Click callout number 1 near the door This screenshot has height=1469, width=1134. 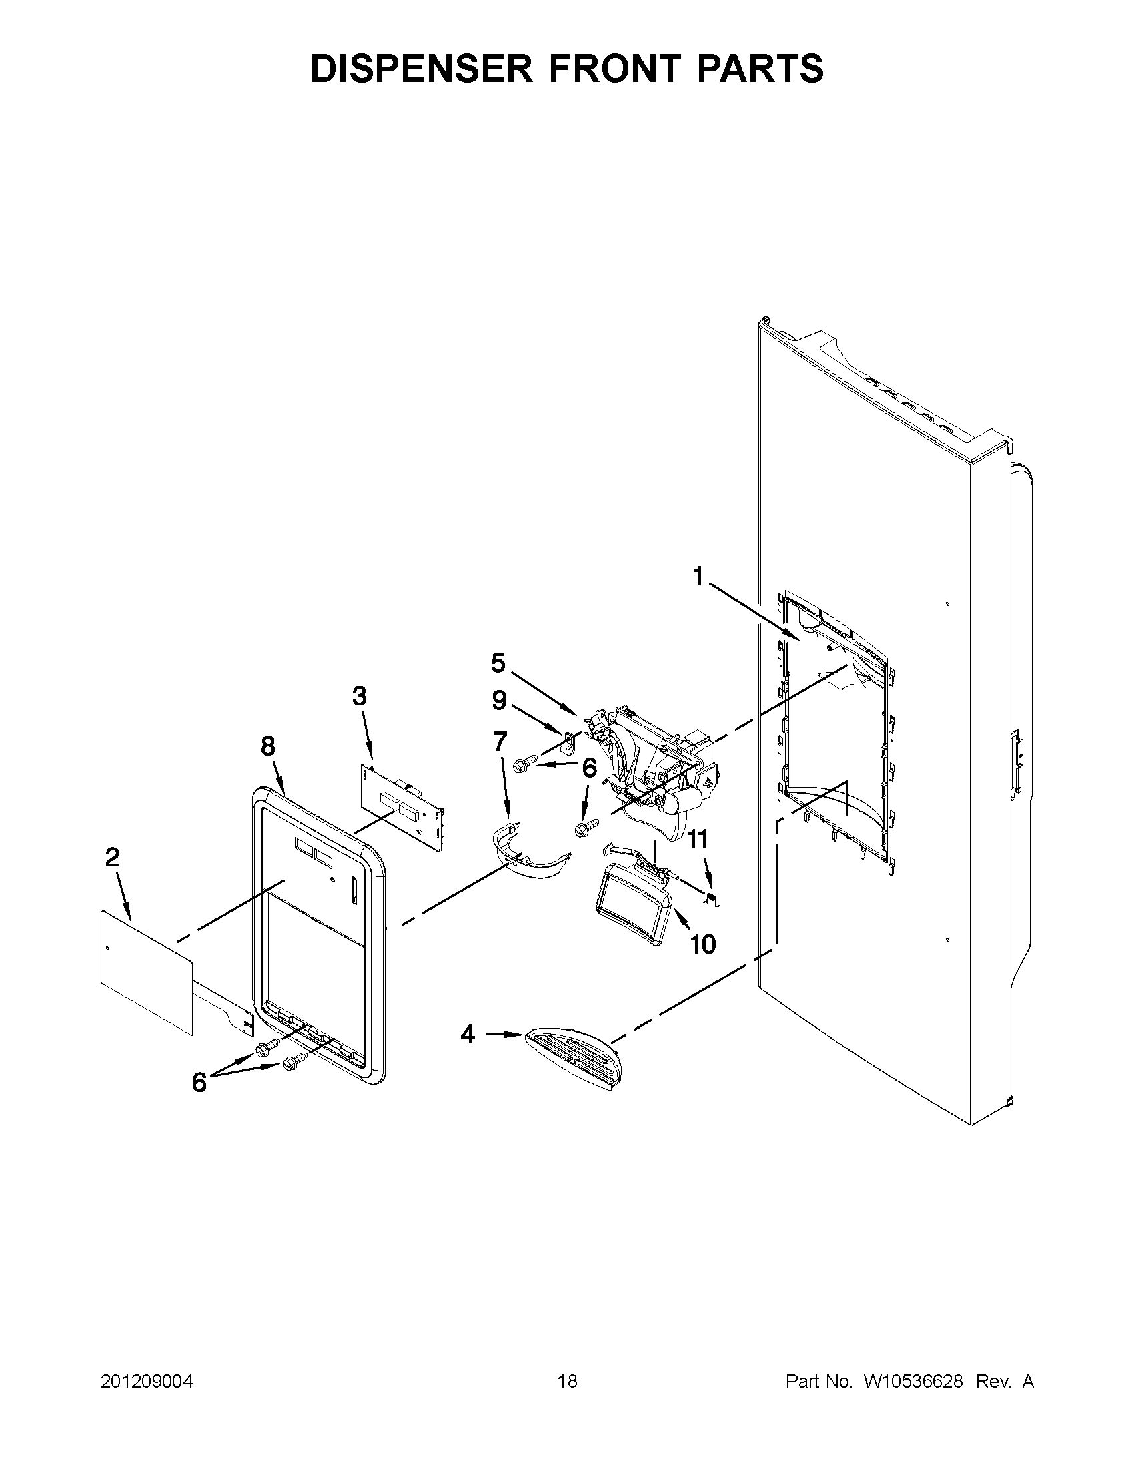[x=698, y=577]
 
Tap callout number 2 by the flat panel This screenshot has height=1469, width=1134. [x=112, y=857]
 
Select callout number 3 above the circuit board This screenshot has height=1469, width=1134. [x=360, y=696]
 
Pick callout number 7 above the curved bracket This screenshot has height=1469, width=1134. [x=500, y=742]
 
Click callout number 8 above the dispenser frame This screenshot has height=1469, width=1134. [x=268, y=746]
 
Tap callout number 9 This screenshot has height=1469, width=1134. [x=499, y=701]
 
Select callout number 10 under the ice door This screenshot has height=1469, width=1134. [x=703, y=944]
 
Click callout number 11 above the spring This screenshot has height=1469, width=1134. [x=699, y=839]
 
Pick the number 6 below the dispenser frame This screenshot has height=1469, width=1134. [x=199, y=1083]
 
